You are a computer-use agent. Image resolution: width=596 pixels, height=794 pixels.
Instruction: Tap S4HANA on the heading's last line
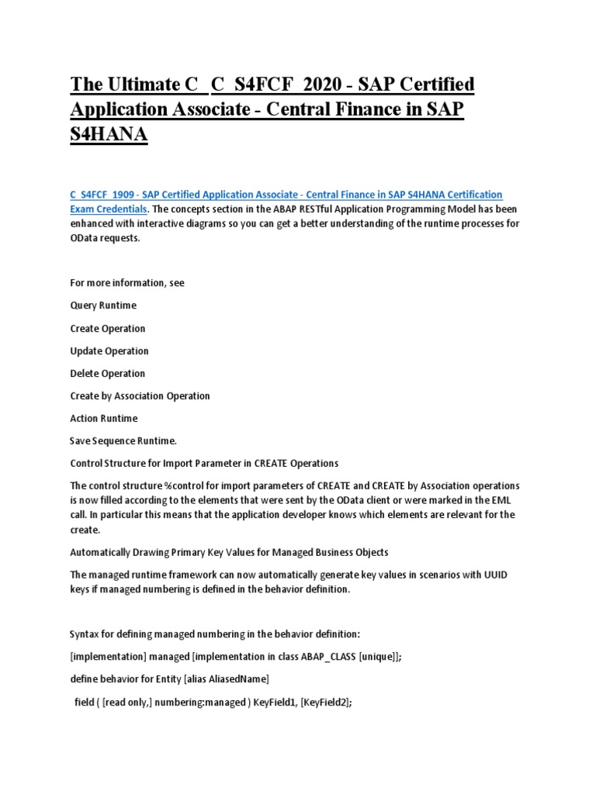tap(109, 135)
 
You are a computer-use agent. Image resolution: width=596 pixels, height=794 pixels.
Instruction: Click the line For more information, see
tap(127, 283)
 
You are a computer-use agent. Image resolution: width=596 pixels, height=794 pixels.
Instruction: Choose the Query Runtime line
tap(105, 306)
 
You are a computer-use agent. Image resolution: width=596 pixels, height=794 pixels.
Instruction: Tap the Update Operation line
tap(109, 350)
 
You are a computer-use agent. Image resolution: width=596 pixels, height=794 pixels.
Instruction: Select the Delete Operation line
tap(107, 373)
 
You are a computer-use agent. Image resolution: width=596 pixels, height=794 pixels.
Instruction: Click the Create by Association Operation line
tap(140, 395)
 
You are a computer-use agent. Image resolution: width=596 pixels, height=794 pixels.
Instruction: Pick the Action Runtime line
tap(104, 418)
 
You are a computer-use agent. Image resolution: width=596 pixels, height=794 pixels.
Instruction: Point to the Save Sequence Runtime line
tap(123, 440)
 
